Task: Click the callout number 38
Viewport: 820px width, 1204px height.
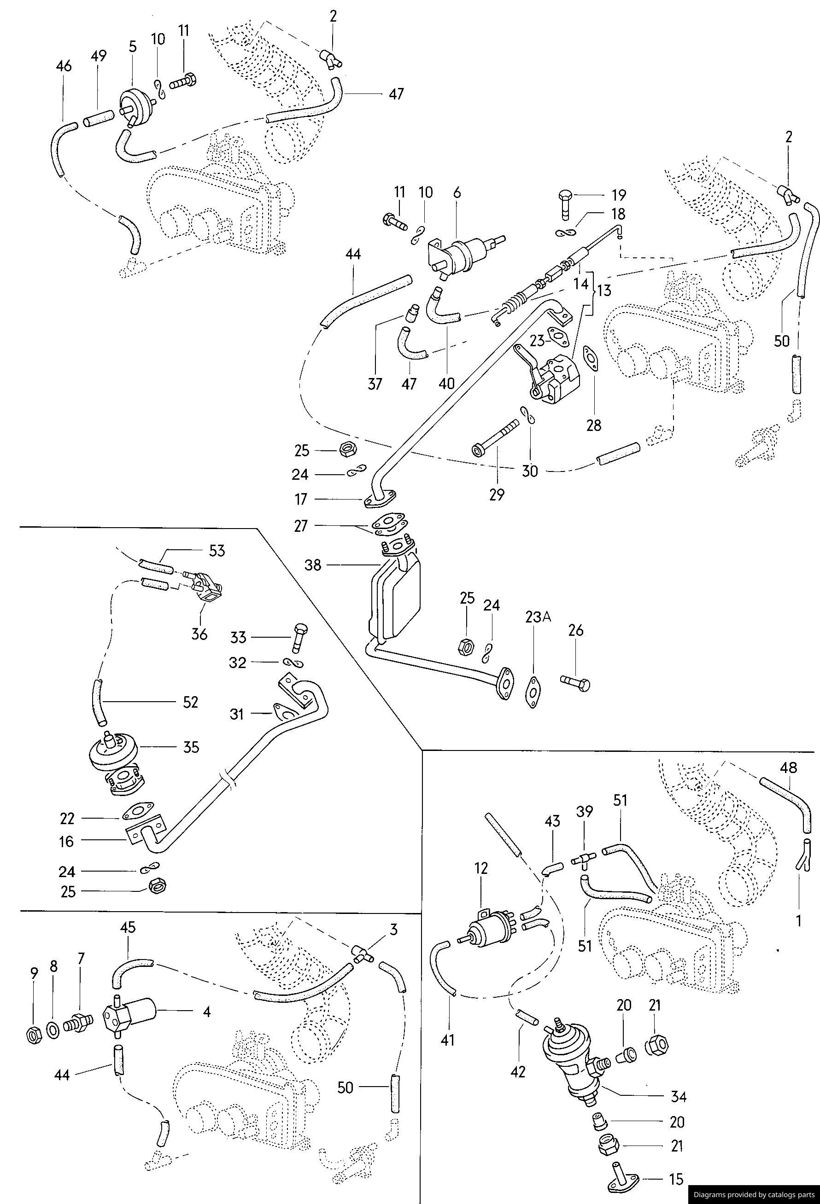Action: [312, 564]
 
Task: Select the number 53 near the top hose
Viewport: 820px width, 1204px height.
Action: [216, 551]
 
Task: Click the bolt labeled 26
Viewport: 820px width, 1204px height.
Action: [575, 682]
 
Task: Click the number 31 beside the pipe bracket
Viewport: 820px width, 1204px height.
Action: [237, 714]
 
